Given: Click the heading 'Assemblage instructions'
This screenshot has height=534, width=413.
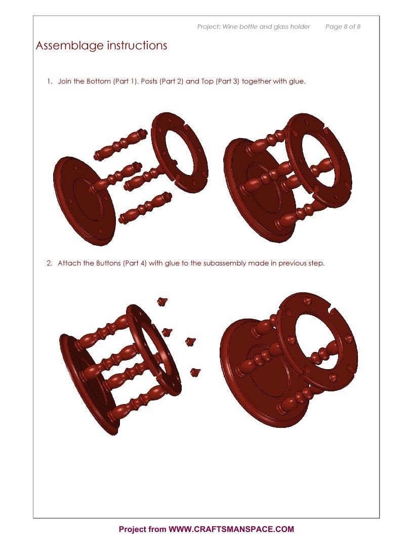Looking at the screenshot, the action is (x=101, y=46).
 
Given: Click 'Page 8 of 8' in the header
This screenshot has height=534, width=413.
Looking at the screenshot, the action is (x=343, y=27).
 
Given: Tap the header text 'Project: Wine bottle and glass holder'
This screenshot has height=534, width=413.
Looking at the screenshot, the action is (x=254, y=27).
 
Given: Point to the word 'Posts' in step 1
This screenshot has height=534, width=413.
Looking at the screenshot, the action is (x=149, y=81).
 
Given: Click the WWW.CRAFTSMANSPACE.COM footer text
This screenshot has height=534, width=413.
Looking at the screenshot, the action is (x=231, y=529).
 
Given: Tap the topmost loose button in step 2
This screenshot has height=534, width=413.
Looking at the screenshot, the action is (x=162, y=301).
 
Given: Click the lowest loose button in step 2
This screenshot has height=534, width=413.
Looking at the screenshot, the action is (x=195, y=372).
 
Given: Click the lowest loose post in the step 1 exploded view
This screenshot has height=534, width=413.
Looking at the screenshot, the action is (x=145, y=208).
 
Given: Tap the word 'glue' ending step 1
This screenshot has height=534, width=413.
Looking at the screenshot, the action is (x=296, y=82).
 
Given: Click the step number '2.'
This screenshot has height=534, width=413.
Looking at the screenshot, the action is (x=50, y=263).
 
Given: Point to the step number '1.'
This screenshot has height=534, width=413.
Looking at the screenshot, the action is (x=50, y=81).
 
